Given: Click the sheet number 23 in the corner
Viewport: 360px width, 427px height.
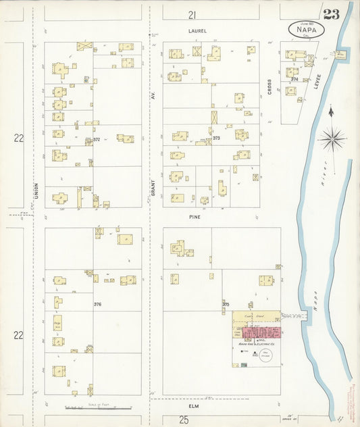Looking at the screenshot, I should pyautogui.click(x=331, y=15).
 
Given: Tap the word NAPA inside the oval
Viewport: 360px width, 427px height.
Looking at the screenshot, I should pyautogui.click(x=307, y=29).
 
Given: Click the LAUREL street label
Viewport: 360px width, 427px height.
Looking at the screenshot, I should pyautogui.click(x=197, y=31).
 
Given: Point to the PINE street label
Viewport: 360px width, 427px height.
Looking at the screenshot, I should pyautogui.click(x=196, y=218).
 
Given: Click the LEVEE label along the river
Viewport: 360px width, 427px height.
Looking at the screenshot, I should pyautogui.click(x=315, y=83).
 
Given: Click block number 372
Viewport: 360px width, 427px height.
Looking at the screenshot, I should pyautogui.click(x=97, y=139).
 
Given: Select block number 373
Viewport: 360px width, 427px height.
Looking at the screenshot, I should pyautogui.click(x=215, y=138).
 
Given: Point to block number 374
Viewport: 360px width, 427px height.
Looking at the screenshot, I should pyautogui.click(x=293, y=79).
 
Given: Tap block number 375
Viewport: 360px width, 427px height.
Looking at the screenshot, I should pyautogui.click(x=226, y=305).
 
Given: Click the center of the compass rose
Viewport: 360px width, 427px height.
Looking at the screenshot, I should pyautogui.click(x=331, y=140).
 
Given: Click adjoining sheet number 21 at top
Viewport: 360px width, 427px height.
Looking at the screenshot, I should pyautogui.click(x=192, y=14).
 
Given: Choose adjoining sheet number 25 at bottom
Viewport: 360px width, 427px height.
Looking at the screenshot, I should pyautogui.click(x=183, y=420).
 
